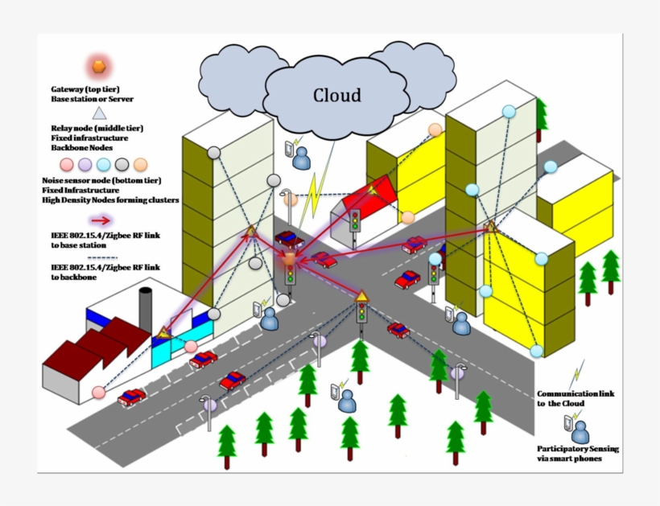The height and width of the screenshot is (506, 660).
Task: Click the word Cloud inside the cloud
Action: [x=336, y=96]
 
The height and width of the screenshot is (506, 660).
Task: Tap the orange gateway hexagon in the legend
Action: [x=99, y=66]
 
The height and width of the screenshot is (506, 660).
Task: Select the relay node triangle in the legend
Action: [x=99, y=113]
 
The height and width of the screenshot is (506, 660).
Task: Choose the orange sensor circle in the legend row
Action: [x=141, y=165]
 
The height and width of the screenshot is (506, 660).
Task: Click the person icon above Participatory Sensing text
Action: [x=580, y=431]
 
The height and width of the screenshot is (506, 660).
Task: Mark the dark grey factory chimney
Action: [x=146, y=307]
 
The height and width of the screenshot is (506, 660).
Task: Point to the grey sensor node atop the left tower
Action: [x=214, y=153]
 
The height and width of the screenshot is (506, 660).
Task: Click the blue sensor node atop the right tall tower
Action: [x=509, y=112]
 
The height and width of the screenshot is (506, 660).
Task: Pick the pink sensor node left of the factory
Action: [x=99, y=392]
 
